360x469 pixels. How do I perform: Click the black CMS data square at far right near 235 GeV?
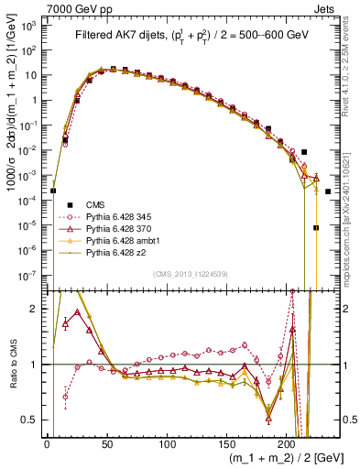pos(328,191)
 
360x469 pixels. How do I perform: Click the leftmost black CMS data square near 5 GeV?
pos(53,191)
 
